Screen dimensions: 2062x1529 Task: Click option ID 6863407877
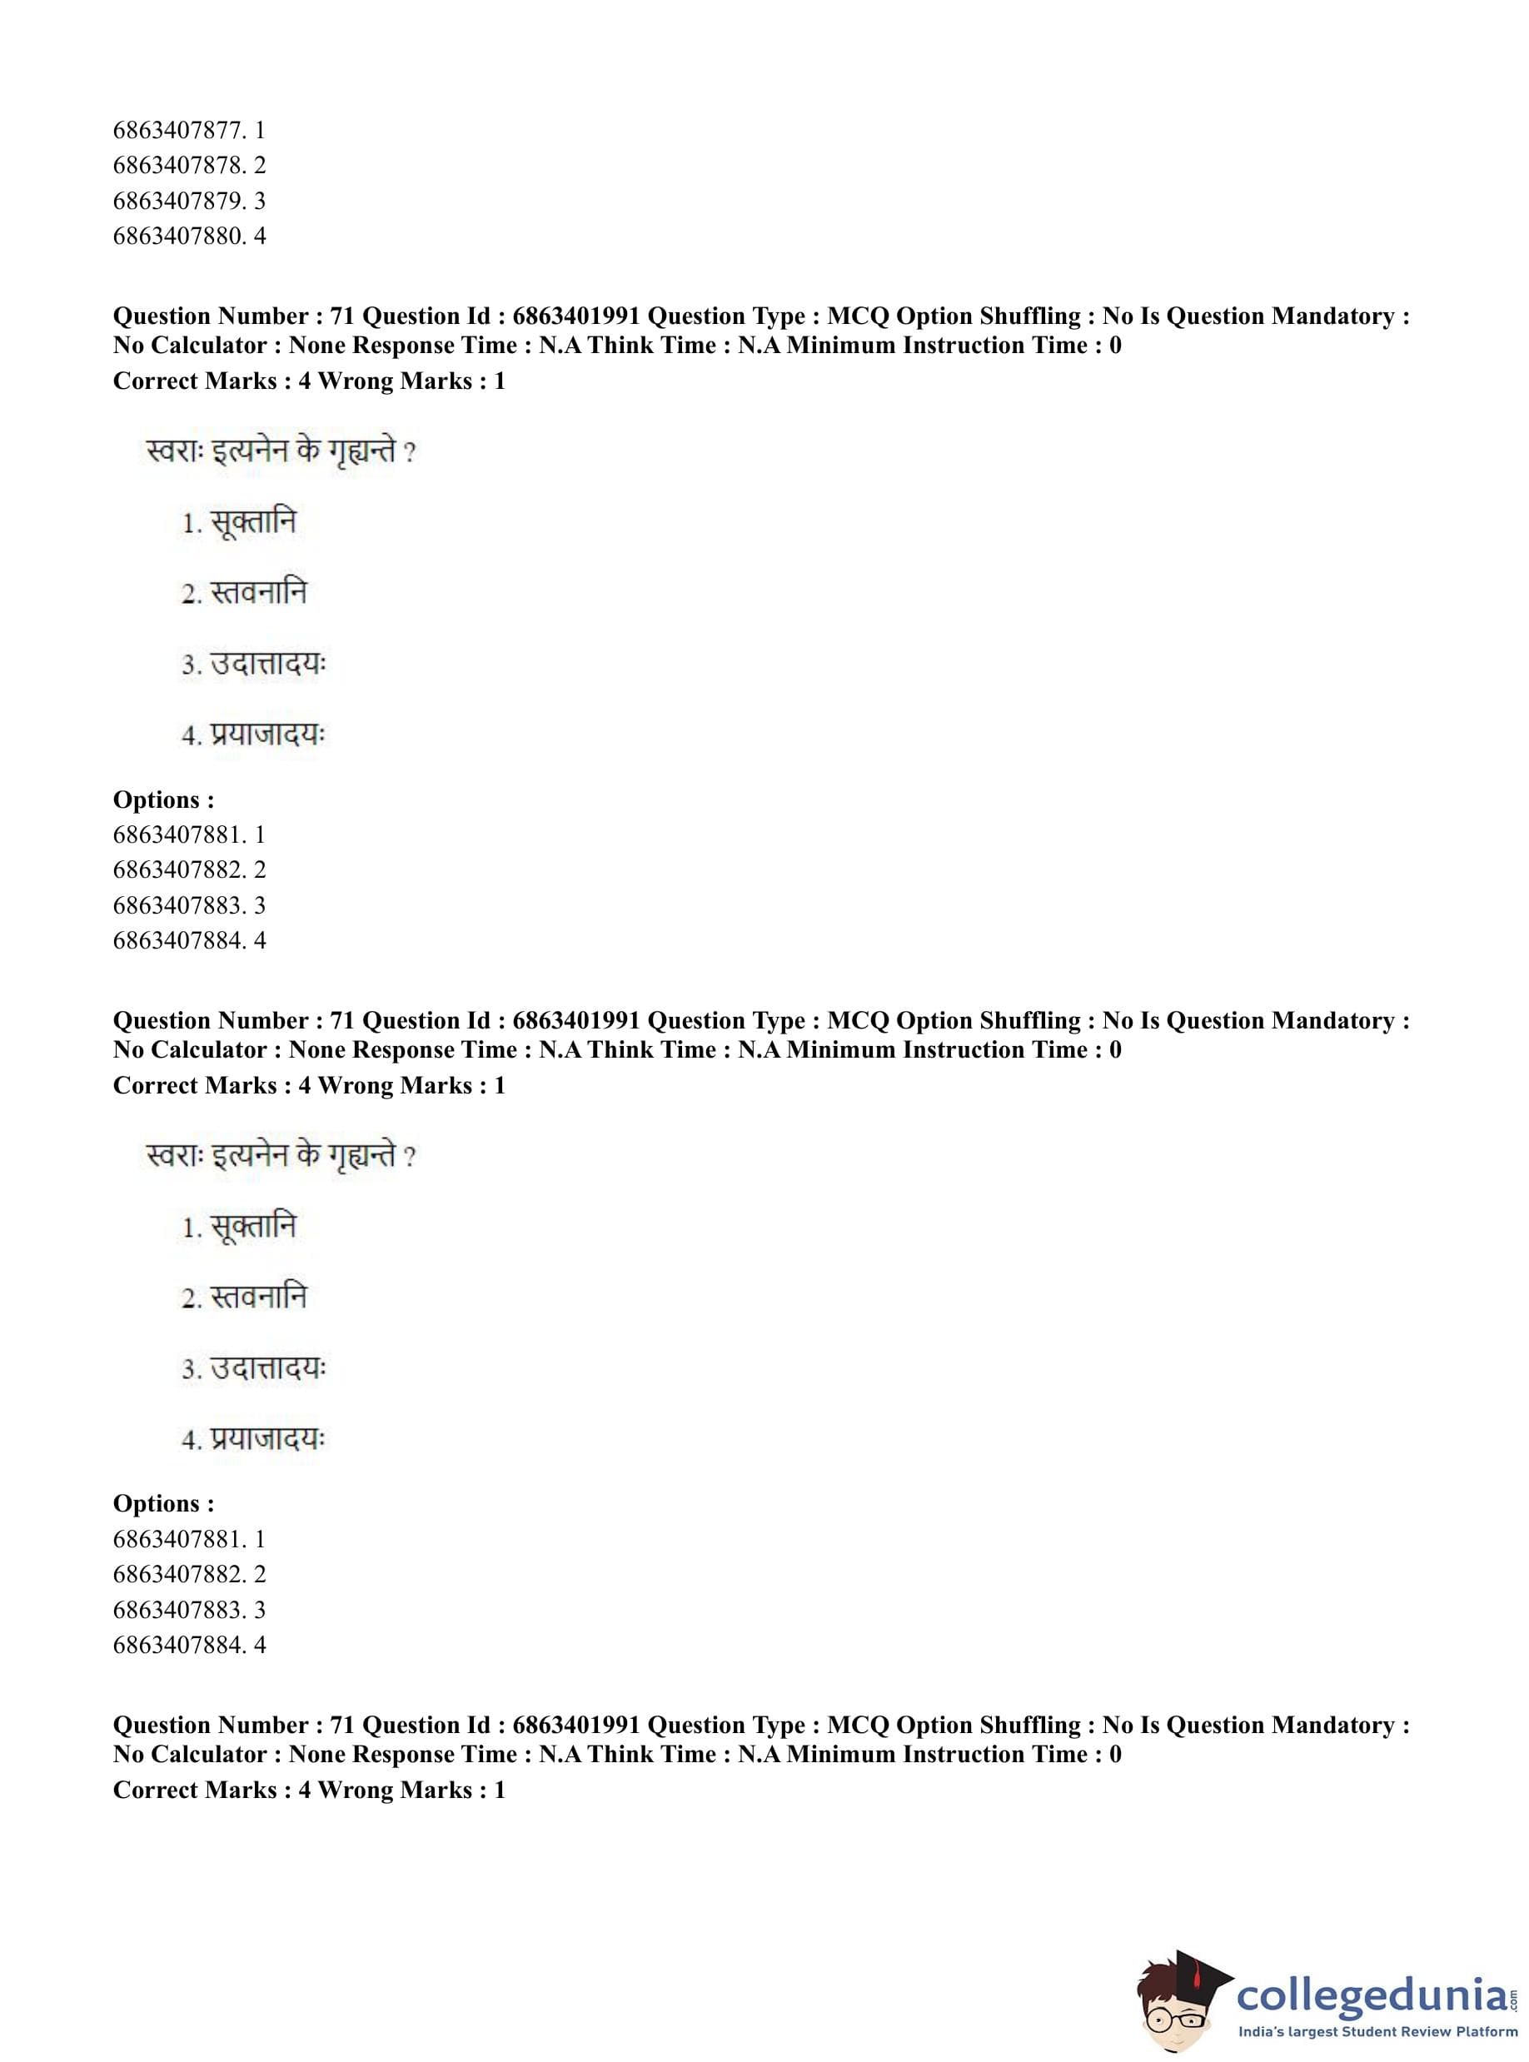[x=188, y=131]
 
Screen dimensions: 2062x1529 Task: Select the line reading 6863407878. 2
[x=188, y=166]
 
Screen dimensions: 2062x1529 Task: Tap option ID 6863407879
[x=188, y=201]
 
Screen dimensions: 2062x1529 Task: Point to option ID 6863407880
[x=188, y=236]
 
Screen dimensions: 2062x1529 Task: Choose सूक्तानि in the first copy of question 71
[x=252, y=523]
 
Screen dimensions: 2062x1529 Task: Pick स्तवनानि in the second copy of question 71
[x=257, y=1297]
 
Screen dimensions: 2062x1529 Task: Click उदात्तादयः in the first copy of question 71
[x=266, y=665]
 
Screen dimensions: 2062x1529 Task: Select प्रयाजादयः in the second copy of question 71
[x=266, y=1439]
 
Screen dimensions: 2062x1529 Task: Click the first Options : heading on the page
[x=163, y=799]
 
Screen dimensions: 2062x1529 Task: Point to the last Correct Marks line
[x=308, y=1790]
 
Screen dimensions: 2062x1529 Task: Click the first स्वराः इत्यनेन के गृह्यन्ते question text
[x=281, y=452]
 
